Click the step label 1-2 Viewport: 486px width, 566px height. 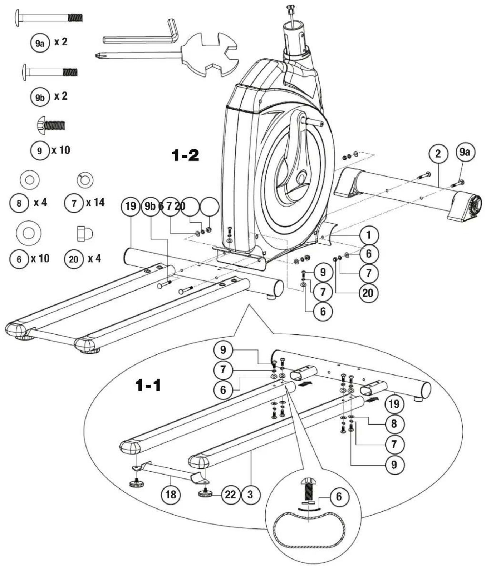(x=185, y=155)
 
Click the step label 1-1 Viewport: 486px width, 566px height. (x=148, y=385)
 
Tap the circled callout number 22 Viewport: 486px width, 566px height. (x=230, y=495)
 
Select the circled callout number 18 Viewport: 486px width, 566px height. (x=171, y=495)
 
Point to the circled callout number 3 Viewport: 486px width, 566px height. (x=250, y=495)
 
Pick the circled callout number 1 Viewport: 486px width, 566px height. (x=368, y=235)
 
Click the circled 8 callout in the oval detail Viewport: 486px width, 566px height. (x=394, y=424)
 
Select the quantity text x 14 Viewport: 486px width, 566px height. (x=95, y=203)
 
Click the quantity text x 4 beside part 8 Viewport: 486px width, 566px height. (x=40, y=203)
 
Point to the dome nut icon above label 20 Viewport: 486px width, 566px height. (x=85, y=234)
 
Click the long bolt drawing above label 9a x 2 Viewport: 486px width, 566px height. (x=49, y=17)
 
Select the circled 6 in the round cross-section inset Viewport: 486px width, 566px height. (x=338, y=496)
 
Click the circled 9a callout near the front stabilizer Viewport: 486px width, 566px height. (x=464, y=153)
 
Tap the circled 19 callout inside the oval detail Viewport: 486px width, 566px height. (x=394, y=404)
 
